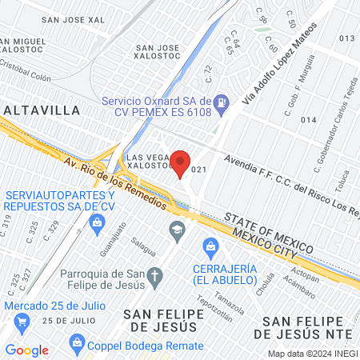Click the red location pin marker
[x=182, y=162]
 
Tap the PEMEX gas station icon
[x=224, y=102]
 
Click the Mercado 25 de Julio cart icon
[x=22, y=322]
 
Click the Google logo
[x=26, y=350]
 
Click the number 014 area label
[x=308, y=120]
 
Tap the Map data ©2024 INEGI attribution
[x=311, y=353]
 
